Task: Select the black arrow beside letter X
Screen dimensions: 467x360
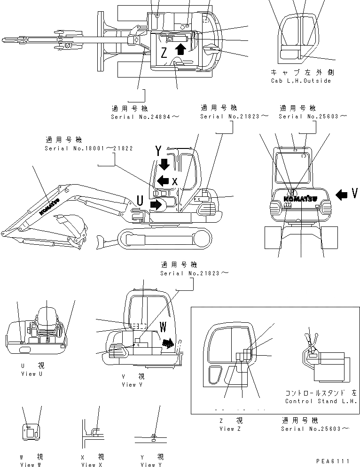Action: [163, 180]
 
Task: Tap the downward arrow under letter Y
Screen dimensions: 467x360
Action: [165, 164]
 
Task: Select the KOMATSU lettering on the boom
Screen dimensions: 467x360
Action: [49, 206]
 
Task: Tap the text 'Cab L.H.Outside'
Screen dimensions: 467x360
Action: [301, 81]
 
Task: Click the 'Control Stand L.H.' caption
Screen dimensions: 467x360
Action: [321, 401]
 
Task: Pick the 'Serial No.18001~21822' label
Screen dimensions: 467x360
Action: [88, 148]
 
